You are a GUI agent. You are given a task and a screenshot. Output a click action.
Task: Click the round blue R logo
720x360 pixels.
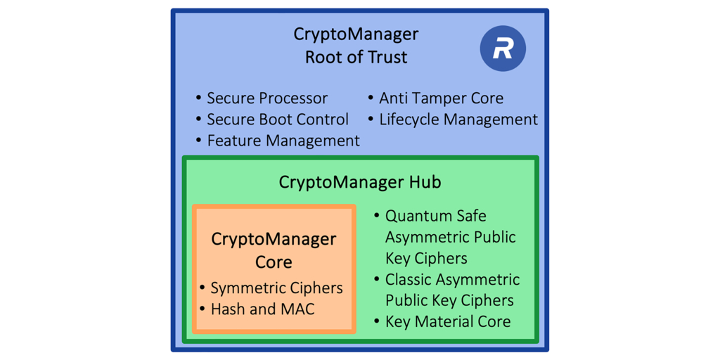pyautogui.click(x=503, y=49)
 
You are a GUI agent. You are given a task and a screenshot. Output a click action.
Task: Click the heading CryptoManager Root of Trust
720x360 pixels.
pyautogui.click(x=356, y=46)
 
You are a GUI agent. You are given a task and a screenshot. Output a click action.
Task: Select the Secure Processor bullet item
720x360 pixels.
pyautogui.click(x=266, y=98)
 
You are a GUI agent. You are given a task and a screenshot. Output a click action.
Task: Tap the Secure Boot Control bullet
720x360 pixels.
pyautogui.click(x=277, y=120)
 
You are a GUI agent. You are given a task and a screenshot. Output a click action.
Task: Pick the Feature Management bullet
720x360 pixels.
pyautogui.click(x=283, y=141)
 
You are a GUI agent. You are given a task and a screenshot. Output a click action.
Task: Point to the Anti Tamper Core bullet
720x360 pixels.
pyautogui.click(x=441, y=98)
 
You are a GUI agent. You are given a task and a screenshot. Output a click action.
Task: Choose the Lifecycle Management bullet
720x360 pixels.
pyautogui.click(x=458, y=120)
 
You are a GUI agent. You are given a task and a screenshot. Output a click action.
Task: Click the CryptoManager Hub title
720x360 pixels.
pyautogui.click(x=359, y=183)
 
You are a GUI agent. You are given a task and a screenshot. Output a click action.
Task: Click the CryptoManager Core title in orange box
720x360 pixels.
pyautogui.click(x=274, y=250)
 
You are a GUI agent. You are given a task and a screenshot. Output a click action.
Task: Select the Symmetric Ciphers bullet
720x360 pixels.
pyautogui.click(x=276, y=288)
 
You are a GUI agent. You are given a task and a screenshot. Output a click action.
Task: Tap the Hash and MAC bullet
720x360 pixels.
pyautogui.click(x=262, y=309)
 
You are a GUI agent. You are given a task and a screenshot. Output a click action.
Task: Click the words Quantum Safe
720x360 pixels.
pyautogui.click(x=435, y=216)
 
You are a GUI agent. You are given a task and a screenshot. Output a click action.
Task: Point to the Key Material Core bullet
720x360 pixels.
pyautogui.click(x=447, y=322)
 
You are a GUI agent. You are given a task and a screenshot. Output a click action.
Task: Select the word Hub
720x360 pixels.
pyautogui.click(x=425, y=183)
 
